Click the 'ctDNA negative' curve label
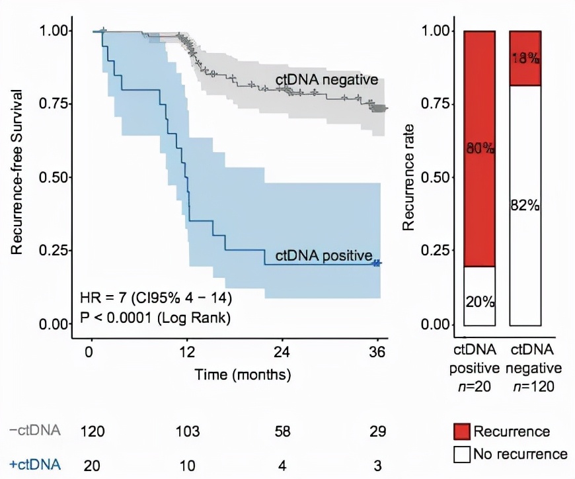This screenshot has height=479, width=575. (326, 80)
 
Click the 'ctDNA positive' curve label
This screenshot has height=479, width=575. (319, 255)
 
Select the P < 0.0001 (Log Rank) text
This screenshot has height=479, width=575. (155, 318)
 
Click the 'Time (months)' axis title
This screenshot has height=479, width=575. (243, 374)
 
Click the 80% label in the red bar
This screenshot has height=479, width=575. (479, 148)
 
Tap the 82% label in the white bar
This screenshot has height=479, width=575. (525, 205)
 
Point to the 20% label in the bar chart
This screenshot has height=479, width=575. (479, 302)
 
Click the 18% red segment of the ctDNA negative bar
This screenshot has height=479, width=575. (525, 58)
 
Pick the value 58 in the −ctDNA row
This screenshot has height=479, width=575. (282, 432)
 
